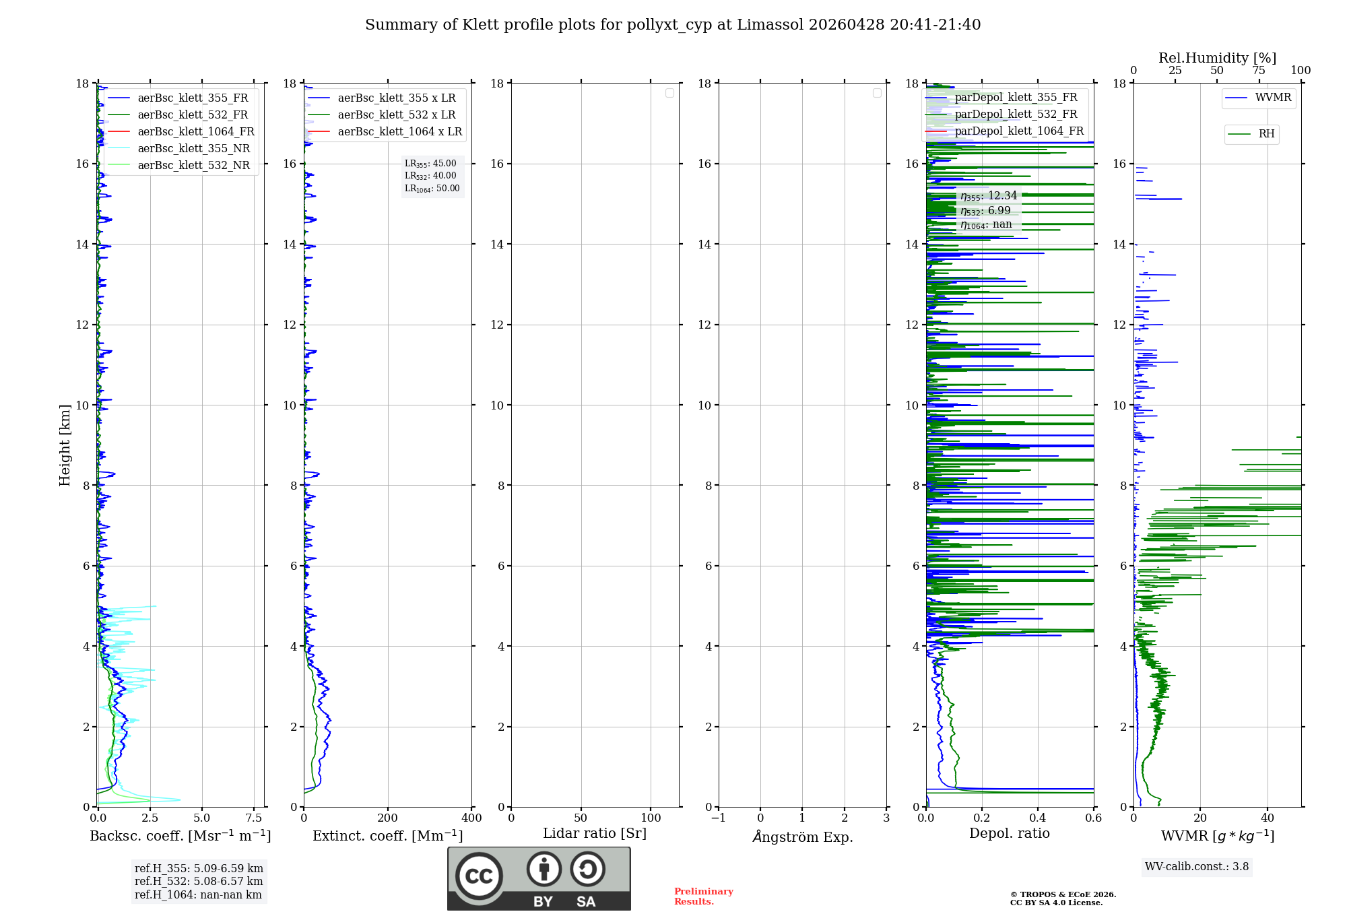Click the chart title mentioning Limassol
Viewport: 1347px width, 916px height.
(x=672, y=25)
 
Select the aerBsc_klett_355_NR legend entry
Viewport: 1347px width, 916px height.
(x=193, y=149)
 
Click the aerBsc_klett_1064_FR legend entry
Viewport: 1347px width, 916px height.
(x=195, y=132)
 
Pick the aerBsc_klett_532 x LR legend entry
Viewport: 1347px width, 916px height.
(x=396, y=115)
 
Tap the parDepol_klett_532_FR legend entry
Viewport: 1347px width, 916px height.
(x=1016, y=115)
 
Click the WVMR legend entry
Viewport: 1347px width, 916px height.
(x=1272, y=98)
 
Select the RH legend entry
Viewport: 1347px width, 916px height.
(x=1266, y=134)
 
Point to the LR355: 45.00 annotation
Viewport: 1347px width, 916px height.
(x=430, y=164)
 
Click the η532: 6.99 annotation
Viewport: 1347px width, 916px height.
(x=985, y=211)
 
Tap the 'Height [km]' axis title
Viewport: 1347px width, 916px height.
(x=65, y=445)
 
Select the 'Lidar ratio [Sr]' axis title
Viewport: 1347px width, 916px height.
(x=594, y=834)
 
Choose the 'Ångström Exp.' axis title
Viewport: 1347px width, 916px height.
(x=802, y=837)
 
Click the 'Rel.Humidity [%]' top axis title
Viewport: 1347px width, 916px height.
(x=1217, y=58)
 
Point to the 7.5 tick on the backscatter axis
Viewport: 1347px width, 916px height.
(x=254, y=818)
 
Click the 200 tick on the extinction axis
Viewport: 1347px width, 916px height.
(x=387, y=818)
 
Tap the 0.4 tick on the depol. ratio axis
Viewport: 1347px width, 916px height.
(x=1038, y=818)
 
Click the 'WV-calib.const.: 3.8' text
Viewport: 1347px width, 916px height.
(x=1196, y=867)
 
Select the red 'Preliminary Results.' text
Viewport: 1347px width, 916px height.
(x=703, y=896)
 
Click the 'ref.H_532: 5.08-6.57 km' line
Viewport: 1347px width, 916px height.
(x=199, y=882)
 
